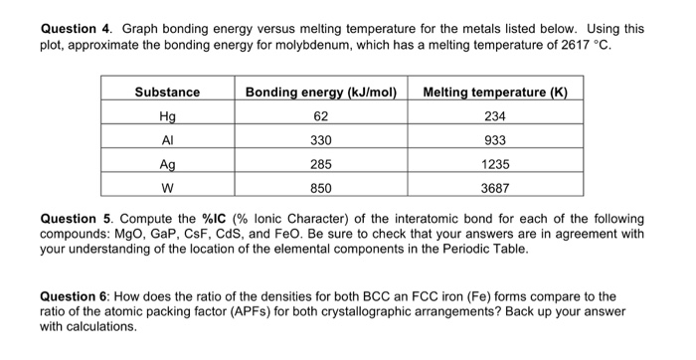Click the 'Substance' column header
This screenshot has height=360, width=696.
pos(167,92)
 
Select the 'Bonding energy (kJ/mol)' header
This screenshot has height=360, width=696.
pos(321,92)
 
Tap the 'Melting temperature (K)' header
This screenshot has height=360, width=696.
pos(503,92)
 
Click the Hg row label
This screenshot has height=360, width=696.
pos(167,115)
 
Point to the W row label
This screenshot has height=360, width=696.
pos(167,185)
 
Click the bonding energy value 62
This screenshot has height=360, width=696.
pos(321,115)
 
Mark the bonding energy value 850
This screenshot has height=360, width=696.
pos(321,185)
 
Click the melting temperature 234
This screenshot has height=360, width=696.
pos(503,115)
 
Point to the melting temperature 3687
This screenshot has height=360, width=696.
pos(503,185)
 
